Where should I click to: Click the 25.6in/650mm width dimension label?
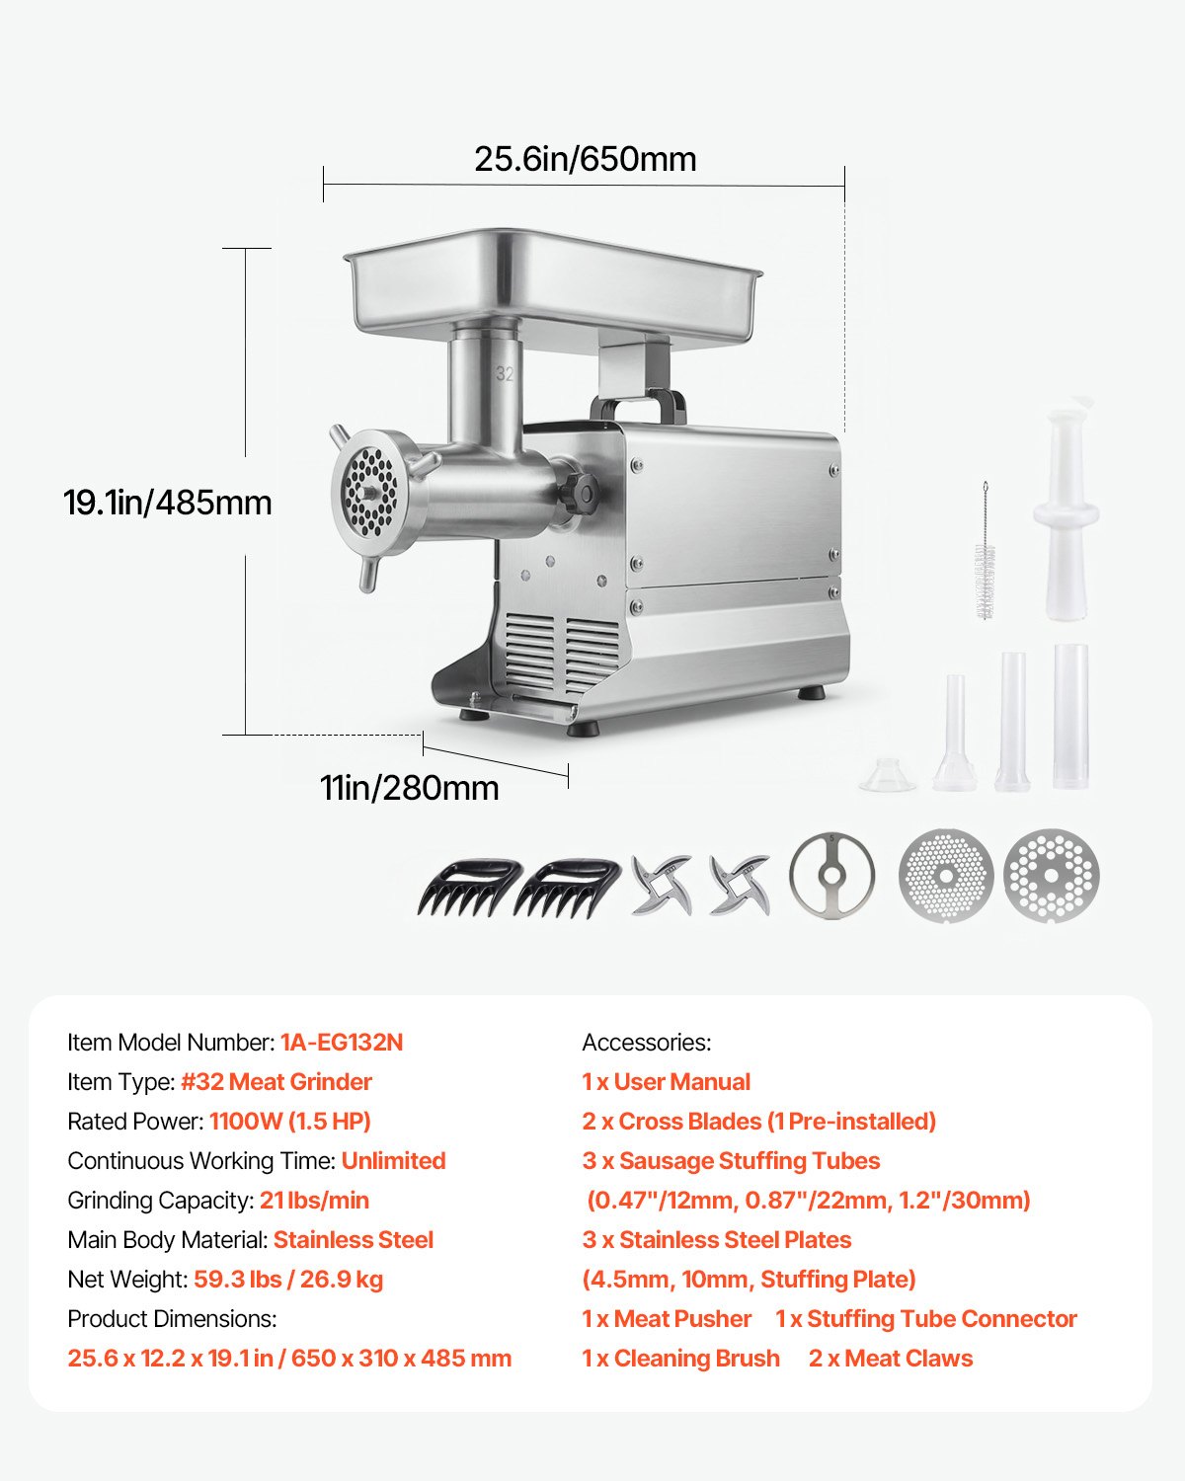[x=585, y=159]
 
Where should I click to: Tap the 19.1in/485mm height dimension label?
[x=168, y=503]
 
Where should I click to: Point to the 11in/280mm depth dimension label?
[x=409, y=788]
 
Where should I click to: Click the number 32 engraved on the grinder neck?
[x=505, y=374]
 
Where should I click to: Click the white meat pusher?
[x=1066, y=513]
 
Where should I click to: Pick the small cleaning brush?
[x=985, y=553]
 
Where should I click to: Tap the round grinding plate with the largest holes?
[x=1051, y=875]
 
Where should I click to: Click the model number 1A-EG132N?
[x=342, y=1043]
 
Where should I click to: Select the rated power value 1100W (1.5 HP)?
[x=290, y=1122]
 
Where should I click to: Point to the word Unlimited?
[x=393, y=1161]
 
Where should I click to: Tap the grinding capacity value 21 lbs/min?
[x=314, y=1201]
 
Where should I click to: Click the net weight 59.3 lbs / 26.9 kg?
[x=288, y=1280]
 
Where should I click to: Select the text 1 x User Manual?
[x=667, y=1082]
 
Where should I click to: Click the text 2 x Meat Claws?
[x=891, y=1359]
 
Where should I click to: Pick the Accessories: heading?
[x=647, y=1043]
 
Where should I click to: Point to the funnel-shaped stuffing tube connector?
[x=888, y=774]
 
